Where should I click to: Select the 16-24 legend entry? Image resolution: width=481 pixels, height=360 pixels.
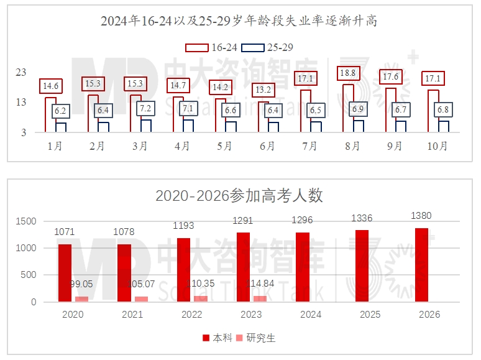(x=212, y=47)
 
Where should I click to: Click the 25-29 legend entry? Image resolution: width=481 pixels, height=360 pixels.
(x=267, y=47)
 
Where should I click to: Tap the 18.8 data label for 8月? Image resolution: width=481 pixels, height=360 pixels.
(x=349, y=74)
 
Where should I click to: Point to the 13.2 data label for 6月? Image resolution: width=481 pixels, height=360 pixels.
(x=264, y=91)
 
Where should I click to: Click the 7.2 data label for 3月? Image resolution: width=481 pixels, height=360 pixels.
(x=145, y=108)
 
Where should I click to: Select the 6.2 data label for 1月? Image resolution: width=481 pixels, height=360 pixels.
(x=60, y=111)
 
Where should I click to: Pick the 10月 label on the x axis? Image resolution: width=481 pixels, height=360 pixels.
(x=438, y=146)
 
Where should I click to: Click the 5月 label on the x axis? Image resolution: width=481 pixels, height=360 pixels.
(x=225, y=146)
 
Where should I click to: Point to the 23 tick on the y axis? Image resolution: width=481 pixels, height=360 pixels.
(x=21, y=73)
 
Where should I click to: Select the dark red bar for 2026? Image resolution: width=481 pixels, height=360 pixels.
(x=421, y=265)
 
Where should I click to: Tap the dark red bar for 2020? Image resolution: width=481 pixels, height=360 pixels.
(x=65, y=273)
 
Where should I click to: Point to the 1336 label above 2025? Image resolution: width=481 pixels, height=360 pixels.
(x=363, y=219)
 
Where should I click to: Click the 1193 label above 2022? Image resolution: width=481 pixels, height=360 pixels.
(x=184, y=226)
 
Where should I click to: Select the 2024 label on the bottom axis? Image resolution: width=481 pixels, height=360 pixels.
(x=310, y=314)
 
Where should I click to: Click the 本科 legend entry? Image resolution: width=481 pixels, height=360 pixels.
(x=218, y=338)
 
